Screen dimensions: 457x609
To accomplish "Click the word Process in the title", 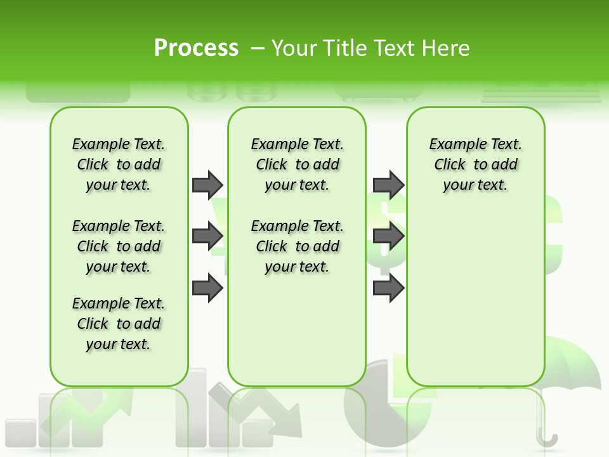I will point(196,48).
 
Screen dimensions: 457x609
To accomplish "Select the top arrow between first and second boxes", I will point(207,185).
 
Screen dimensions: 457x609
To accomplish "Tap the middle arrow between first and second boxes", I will point(207,236).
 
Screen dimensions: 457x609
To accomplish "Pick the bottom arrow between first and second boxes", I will point(207,288).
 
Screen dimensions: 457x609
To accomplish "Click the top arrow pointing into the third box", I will point(388,185).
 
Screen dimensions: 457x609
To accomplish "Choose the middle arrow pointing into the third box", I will point(388,236).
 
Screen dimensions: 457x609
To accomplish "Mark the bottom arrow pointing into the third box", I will point(388,288).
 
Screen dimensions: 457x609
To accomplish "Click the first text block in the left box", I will point(119,164).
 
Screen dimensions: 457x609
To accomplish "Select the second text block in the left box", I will point(119,246).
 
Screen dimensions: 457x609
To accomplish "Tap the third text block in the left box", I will point(119,324).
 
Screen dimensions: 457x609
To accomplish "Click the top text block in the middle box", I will point(297,164).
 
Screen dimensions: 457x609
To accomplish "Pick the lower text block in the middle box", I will point(297,246).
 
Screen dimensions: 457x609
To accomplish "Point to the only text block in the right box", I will point(475,164).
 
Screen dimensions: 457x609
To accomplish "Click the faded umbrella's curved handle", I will point(547,438).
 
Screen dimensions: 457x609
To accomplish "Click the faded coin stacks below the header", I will point(232,93).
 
